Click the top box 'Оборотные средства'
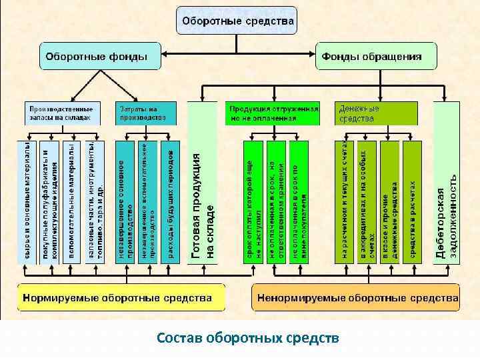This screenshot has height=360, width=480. [x=237, y=21]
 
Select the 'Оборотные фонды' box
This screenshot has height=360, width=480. [x=100, y=57]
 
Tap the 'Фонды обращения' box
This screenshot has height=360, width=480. [x=375, y=57]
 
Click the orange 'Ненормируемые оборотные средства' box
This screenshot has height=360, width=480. [x=356, y=297]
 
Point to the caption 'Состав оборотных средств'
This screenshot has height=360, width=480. [x=248, y=338]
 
